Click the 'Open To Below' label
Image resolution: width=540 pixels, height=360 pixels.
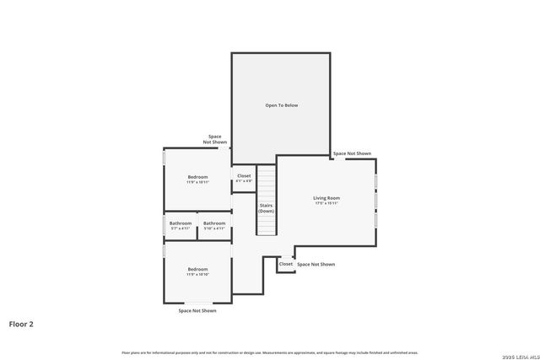(x=282, y=105)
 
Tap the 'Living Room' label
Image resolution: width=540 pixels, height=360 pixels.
(x=327, y=197)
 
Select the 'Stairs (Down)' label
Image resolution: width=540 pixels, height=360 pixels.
(x=266, y=207)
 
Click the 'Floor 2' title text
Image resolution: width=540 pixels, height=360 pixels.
(x=21, y=323)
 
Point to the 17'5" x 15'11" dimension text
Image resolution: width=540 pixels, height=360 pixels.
(x=327, y=203)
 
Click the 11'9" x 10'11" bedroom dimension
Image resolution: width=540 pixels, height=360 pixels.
(x=197, y=182)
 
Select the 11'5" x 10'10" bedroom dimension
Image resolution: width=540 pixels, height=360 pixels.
(x=197, y=274)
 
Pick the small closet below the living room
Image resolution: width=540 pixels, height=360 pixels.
(x=286, y=264)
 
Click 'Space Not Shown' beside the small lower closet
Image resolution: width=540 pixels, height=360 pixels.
(x=316, y=264)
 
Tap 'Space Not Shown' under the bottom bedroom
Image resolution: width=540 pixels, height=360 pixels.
(x=197, y=310)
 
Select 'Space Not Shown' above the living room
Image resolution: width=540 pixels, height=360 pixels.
(x=352, y=153)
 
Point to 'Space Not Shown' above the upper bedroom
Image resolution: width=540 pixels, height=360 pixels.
(x=214, y=139)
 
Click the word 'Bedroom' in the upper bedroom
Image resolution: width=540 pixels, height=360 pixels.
(x=197, y=176)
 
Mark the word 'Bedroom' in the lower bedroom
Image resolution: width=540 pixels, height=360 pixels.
(x=197, y=268)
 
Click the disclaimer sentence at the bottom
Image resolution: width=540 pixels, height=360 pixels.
(x=270, y=352)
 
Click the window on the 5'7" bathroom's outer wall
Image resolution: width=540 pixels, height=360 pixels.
(x=164, y=226)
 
